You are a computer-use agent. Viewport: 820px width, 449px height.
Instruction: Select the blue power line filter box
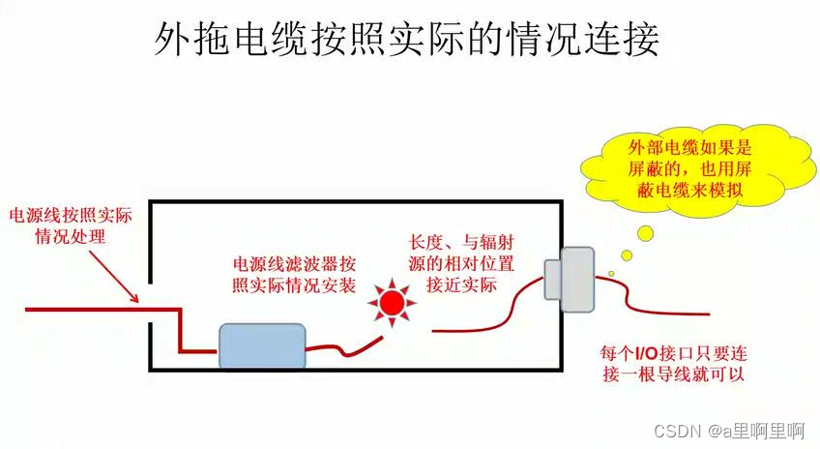point(262,345)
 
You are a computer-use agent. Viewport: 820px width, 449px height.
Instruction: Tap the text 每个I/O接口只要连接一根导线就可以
point(674,363)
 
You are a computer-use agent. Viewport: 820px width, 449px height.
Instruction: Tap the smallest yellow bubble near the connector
point(611,274)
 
